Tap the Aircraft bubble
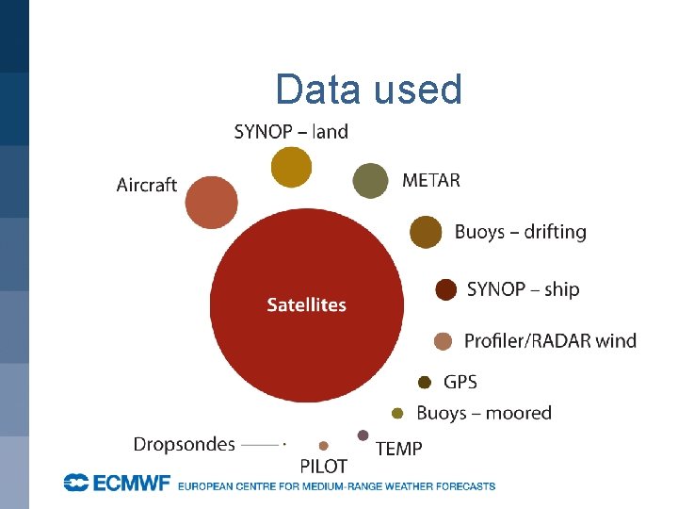click(211, 202)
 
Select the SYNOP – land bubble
click(291, 167)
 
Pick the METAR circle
click(370, 180)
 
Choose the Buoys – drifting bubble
click(427, 232)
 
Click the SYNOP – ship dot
click(446, 289)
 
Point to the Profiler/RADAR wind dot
click(444, 340)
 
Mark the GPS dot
click(425, 382)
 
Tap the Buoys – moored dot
click(397, 413)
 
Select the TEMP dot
click(363, 435)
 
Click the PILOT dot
click(324, 446)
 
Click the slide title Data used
click(369, 90)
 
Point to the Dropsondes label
click(184, 443)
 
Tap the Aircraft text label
click(147, 185)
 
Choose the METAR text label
click(431, 180)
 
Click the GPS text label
click(460, 382)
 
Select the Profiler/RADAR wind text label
click(550, 340)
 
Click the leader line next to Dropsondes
click(261, 444)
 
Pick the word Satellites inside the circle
click(306, 304)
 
